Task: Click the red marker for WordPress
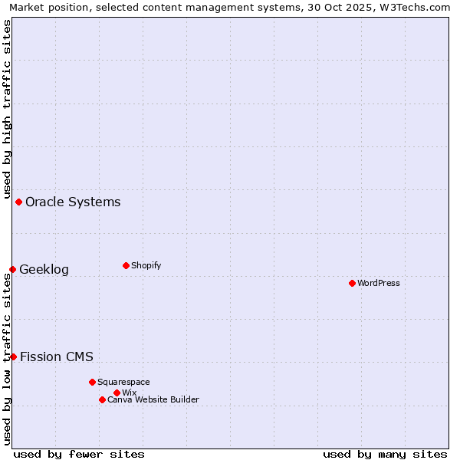coord(352,283)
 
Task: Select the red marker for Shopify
coord(126,265)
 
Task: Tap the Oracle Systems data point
coord(18,202)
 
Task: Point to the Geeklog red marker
coord(12,269)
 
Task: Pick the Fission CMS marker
coord(13,356)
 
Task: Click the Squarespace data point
coord(92,382)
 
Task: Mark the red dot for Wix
coord(117,393)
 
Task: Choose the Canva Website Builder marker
coord(102,399)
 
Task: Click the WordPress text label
coord(379,283)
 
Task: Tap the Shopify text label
coord(146,265)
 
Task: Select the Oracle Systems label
coord(73,202)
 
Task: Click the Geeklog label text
coord(44,269)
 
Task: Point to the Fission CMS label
coord(57,356)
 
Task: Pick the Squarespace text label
coord(123,382)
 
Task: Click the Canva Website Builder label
coord(153,399)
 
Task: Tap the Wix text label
coord(130,393)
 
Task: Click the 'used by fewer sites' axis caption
coord(79,454)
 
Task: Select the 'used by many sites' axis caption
coord(385,454)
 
